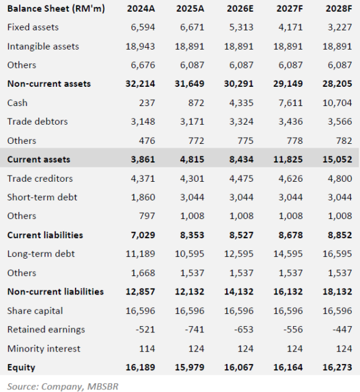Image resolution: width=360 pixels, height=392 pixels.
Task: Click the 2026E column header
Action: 240,9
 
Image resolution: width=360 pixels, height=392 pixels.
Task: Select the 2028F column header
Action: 339,9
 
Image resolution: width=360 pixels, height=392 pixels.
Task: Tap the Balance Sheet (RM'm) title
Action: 56,9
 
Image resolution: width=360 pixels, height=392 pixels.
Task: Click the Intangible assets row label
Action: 43,47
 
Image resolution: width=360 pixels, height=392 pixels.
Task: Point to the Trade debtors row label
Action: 37,122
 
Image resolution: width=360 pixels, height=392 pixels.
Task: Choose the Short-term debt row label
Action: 42,197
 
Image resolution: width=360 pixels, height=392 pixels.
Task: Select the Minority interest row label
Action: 44,349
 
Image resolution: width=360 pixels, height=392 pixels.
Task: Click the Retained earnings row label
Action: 46,329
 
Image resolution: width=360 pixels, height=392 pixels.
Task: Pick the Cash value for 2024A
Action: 147,103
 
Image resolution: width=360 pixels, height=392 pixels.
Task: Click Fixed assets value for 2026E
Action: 241,27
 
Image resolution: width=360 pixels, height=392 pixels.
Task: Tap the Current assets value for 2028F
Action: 337,159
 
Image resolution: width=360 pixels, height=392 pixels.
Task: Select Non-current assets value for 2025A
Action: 190,84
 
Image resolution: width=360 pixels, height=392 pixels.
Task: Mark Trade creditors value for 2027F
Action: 291,179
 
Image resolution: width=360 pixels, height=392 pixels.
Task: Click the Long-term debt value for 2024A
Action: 140,254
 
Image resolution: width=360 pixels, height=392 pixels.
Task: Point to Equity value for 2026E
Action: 239,367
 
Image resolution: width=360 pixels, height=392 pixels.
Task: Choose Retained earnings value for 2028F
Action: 342,329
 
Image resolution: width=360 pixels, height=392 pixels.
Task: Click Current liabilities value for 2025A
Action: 192,235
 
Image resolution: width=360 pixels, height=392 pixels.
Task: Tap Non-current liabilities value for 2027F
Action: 288,292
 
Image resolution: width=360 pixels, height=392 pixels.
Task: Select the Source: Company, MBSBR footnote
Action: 63,386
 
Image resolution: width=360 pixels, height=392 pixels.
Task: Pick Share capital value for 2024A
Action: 140,311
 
